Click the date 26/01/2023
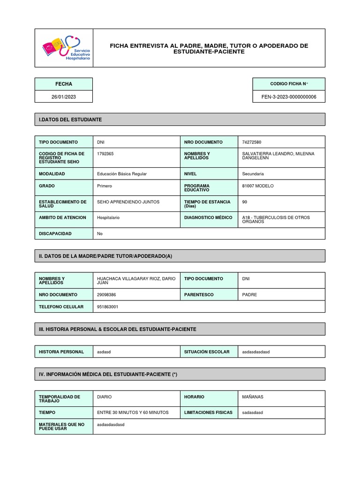coord(63,97)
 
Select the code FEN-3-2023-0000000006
coord(288,97)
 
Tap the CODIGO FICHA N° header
coord(288,84)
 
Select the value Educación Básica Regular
coord(121,174)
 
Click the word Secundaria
coord(253,174)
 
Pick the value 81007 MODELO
coord(257,186)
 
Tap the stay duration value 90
coord(245,202)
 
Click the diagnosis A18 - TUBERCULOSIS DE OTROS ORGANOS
coord(276,219)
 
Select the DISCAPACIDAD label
coord(55,233)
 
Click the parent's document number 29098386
coord(106,295)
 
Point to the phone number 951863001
coord(107,307)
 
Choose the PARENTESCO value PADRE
coord(249,295)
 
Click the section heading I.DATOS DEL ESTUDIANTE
coord(70,120)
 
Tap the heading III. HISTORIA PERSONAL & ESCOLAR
coord(117,329)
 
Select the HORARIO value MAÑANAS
coord(253,397)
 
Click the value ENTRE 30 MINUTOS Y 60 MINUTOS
coord(132,412)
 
